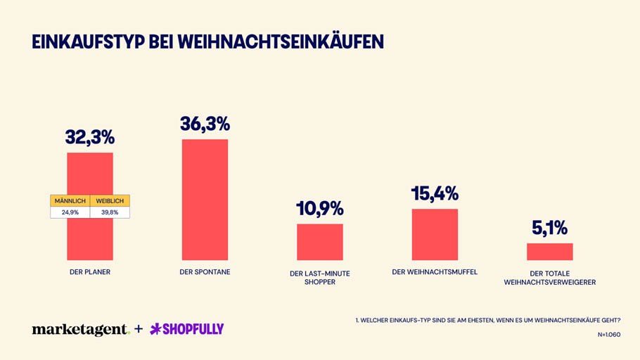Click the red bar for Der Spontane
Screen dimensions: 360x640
pyautogui.click(x=205, y=200)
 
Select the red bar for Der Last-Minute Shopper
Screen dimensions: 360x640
pyautogui.click(x=319, y=242)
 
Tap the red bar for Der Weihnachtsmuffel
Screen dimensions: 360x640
pyautogui.click(x=435, y=234)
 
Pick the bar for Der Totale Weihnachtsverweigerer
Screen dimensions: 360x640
pyautogui.click(x=549, y=252)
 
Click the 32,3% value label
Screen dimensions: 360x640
pyautogui.click(x=90, y=137)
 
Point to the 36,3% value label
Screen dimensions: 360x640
pyautogui.click(x=205, y=124)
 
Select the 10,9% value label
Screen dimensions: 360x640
pyautogui.click(x=319, y=208)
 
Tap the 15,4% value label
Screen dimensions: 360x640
pyautogui.click(x=435, y=193)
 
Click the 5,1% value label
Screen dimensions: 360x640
pyautogui.click(x=549, y=228)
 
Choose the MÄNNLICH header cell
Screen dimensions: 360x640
pyautogui.click(x=70, y=201)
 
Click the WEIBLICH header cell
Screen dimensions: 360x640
pyautogui.click(x=110, y=201)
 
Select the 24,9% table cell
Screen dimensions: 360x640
pyautogui.click(x=70, y=212)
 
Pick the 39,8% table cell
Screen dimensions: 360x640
pyautogui.click(x=110, y=212)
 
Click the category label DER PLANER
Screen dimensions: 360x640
pyautogui.click(x=90, y=272)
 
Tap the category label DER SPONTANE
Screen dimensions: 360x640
pyautogui.click(x=205, y=272)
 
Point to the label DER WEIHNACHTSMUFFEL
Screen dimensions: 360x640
pyautogui.click(x=435, y=272)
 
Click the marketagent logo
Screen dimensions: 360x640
pyautogui.click(x=80, y=329)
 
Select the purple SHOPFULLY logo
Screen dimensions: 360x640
pyautogui.click(x=187, y=329)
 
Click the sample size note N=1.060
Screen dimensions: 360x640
pyautogui.click(x=608, y=335)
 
